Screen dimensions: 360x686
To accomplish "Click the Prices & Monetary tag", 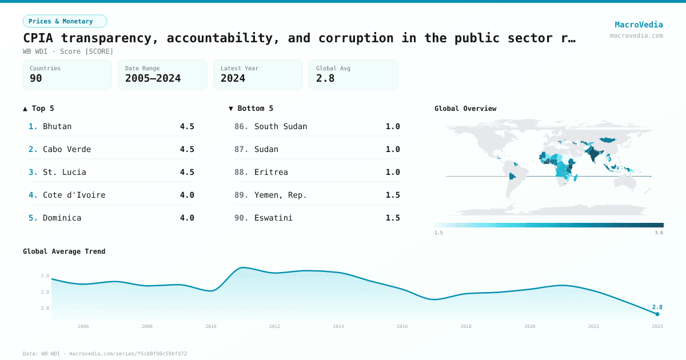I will (65, 21).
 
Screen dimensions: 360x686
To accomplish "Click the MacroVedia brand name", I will (639, 25).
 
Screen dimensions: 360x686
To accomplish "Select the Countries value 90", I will (36, 78).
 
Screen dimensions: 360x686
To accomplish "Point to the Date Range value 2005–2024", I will (153, 78).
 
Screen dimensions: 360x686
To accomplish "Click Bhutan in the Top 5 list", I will (57, 126).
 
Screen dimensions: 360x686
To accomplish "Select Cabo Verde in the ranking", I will (67, 149).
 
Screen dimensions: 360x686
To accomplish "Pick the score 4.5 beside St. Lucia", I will (187, 172).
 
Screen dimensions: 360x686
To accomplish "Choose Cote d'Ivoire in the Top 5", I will (74, 195).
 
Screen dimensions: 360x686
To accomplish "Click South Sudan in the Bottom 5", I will (281, 126).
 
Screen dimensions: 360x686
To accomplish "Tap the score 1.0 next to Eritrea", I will (393, 172).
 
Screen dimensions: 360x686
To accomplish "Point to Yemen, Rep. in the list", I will (281, 195).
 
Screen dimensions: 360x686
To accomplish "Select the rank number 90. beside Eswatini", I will (241, 218).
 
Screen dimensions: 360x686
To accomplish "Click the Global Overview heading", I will (465, 109).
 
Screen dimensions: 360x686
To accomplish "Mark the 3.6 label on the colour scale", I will (659, 233).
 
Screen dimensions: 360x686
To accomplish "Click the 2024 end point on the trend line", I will (657, 314).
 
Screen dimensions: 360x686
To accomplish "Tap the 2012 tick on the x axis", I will (275, 326).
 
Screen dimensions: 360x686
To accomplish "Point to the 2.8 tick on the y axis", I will (45, 308).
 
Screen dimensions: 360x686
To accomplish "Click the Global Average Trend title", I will (64, 251).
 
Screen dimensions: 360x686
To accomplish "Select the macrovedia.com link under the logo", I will (636, 35).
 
